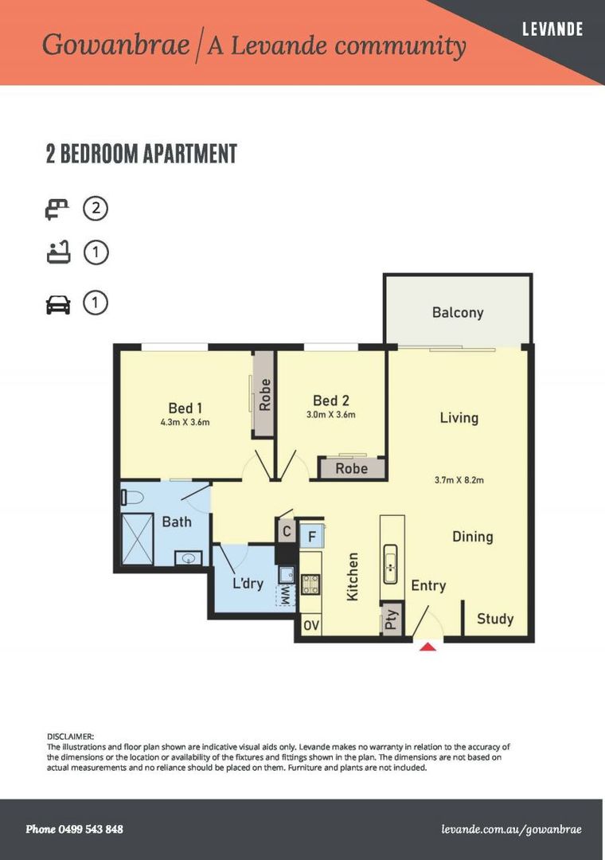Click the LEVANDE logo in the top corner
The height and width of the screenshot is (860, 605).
552,29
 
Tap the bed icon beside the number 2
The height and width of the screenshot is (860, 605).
57,209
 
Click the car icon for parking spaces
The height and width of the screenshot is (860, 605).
58,304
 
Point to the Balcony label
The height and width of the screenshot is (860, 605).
458,312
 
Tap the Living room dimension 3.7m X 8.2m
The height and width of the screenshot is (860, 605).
459,479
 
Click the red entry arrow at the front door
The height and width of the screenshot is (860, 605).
427,646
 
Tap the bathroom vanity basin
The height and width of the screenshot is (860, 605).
189,557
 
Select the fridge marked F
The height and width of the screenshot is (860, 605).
311,535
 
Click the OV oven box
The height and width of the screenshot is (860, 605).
310,626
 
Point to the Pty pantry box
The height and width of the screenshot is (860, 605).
391,620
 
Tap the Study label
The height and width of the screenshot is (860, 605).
495,619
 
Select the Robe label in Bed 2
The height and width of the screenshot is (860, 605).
351,468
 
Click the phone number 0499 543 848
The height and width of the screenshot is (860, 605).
75,829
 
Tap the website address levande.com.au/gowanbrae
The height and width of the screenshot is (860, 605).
511,829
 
